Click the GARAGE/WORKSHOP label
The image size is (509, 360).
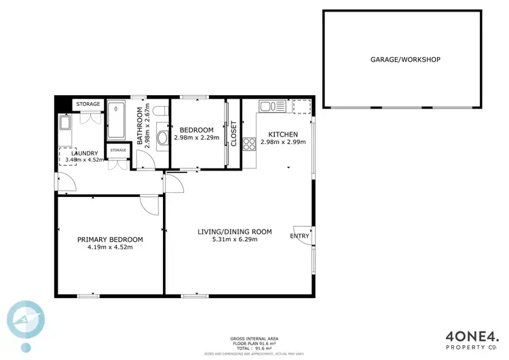click(x=405, y=60)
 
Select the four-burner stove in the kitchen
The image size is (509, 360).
click(x=248, y=143)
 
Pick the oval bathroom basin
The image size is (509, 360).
click(x=163, y=140)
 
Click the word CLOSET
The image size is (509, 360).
click(x=234, y=133)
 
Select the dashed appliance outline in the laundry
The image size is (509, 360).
click(x=67, y=155)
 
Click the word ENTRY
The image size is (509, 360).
click(x=299, y=236)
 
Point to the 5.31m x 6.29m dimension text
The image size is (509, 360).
click(x=234, y=240)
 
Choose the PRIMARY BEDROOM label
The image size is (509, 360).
click(x=110, y=239)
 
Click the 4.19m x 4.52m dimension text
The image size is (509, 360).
click(x=110, y=248)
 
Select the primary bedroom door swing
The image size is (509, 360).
click(x=150, y=204)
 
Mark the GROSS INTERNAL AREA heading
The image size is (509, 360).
click(x=254, y=338)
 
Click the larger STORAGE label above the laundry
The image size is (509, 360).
click(x=88, y=104)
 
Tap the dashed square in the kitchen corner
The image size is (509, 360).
click(x=301, y=106)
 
